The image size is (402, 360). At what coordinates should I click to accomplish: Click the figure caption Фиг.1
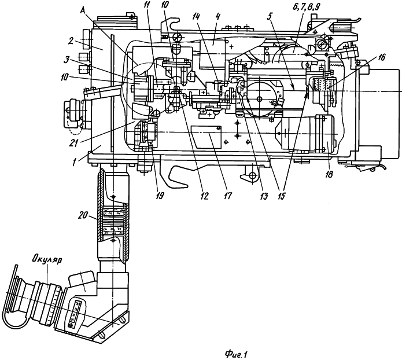(x=235, y=355)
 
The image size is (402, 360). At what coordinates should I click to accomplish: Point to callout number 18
(x=329, y=174)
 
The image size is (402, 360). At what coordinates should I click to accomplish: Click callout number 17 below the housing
(x=227, y=196)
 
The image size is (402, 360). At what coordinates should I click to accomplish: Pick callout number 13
(x=264, y=196)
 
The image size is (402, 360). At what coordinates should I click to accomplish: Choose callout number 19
(x=160, y=196)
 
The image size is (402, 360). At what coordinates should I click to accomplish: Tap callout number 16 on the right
(x=382, y=57)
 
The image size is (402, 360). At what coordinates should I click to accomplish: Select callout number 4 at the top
(x=217, y=17)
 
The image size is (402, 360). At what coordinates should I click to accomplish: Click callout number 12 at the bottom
(x=205, y=196)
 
